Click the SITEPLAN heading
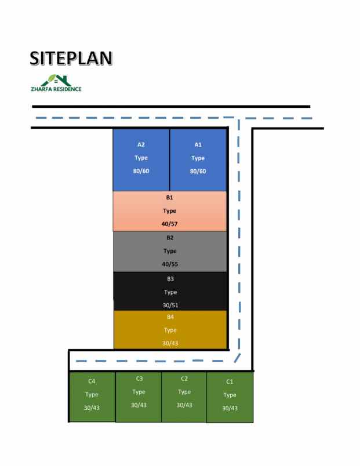[x=71, y=58]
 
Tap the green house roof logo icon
[x=56, y=80]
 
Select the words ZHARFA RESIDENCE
[x=56, y=89]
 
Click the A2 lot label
[x=141, y=145]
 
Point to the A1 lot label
[x=198, y=145]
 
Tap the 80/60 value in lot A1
[x=198, y=171]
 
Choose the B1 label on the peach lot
[x=169, y=197]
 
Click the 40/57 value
[x=169, y=224]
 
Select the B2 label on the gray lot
[x=170, y=238]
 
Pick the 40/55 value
[x=170, y=264]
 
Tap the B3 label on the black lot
[x=170, y=279]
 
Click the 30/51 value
[x=170, y=305]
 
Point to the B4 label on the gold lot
[x=170, y=317]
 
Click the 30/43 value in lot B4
[x=170, y=343]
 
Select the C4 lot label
[x=92, y=381]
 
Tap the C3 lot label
[x=139, y=378]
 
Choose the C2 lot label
[x=184, y=378]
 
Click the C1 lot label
[x=230, y=381]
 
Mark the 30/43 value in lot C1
[x=230, y=408]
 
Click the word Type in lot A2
[x=141, y=158]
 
